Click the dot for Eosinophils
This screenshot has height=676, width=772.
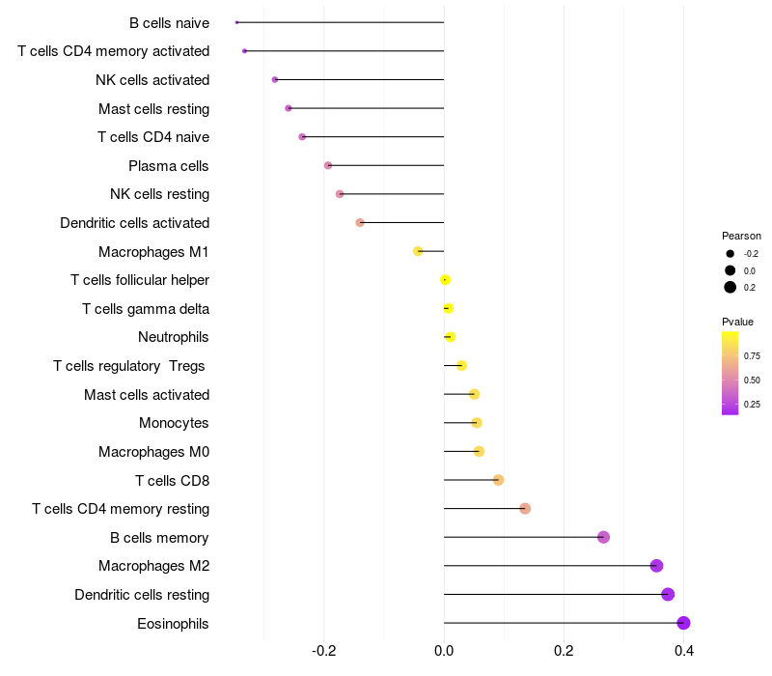click(683, 623)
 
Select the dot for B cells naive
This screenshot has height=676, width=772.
click(236, 22)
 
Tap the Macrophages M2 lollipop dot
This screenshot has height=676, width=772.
click(656, 566)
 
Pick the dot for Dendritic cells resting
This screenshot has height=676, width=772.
click(668, 594)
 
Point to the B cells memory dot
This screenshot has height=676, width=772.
click(604, 537)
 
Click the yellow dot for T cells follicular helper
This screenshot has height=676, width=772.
click(445, 280)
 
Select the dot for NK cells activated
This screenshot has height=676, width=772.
click(275, 79)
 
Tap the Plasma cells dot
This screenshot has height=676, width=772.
click(328, 165)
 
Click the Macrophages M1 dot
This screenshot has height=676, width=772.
click(418, 251)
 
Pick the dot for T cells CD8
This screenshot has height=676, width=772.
click(498, 480)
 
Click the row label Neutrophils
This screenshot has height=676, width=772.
click(174, 337)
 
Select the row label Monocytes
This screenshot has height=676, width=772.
click(174, 423)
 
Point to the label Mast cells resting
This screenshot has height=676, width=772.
click(154, 109)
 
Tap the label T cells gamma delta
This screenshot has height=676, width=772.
click(146, 309)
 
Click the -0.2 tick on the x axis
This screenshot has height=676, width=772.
click(324, 651)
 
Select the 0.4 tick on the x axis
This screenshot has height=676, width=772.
click(684, 651)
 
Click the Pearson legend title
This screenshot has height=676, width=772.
click(741, 236)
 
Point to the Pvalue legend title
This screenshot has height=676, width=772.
click(737, 322)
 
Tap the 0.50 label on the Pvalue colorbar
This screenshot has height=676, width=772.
click(752, 380)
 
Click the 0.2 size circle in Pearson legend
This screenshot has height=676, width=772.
click(731, 287)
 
